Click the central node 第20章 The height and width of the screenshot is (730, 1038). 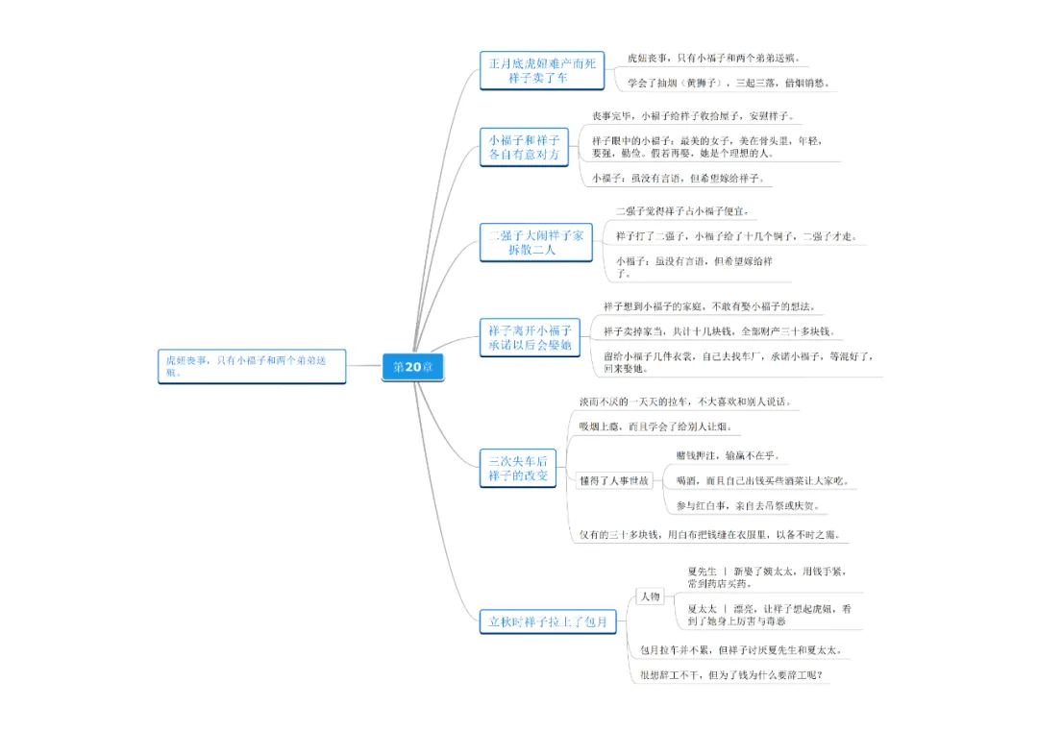tap(413, 367)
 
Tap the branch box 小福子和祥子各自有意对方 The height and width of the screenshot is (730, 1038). tap(524, 147)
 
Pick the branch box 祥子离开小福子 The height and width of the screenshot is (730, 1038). tap(530, 337)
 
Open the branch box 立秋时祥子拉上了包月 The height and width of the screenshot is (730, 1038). tap(547, 621)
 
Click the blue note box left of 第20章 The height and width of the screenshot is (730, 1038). tap(252, 366)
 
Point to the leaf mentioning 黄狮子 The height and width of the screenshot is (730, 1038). tap(729, 84)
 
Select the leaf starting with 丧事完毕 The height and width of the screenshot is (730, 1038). tap(692, 116)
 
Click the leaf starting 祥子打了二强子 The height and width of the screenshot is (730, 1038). tap(735, 236)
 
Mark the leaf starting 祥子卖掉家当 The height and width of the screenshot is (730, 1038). tap(719, 331)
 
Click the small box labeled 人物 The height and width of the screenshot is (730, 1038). tap(650, 596)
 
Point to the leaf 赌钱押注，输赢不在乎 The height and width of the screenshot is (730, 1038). tap(729, 455)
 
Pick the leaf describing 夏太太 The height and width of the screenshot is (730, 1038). tap(769, 615)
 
